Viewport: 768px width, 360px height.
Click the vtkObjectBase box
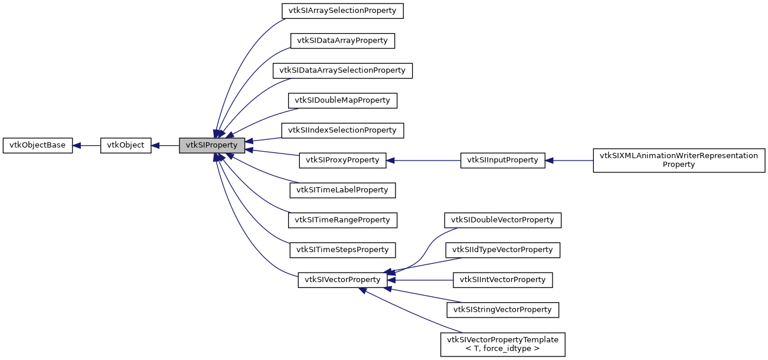[38, 145]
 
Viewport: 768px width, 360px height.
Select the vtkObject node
[126, 145]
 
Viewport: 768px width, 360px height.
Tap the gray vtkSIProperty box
[211, 145]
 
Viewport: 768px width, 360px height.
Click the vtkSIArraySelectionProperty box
[342, 11]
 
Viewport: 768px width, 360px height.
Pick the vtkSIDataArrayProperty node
[342, 41]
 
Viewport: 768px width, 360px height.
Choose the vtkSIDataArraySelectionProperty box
[342, 70]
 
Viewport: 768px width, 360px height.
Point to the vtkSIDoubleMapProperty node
[342, 100]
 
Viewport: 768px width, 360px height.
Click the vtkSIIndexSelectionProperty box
[342, 130]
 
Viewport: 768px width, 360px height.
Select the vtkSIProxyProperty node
[342, 160]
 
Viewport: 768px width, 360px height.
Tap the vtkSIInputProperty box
[502, 160]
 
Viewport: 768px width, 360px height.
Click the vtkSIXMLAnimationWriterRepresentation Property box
[678, 160]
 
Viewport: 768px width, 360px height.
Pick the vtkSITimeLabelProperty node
[342, 190]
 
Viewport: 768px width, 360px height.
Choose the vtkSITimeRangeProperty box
[342, 220]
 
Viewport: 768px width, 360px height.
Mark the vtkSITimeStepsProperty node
[342, 250]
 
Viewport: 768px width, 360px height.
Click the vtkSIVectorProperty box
[342, 280]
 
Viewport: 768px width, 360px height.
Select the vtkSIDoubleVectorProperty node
[502, 220]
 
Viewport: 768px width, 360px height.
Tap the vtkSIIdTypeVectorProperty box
[502, 250]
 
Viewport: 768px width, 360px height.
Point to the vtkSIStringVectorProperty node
[502, 309]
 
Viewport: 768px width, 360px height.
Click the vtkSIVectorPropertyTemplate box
[502, 344]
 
